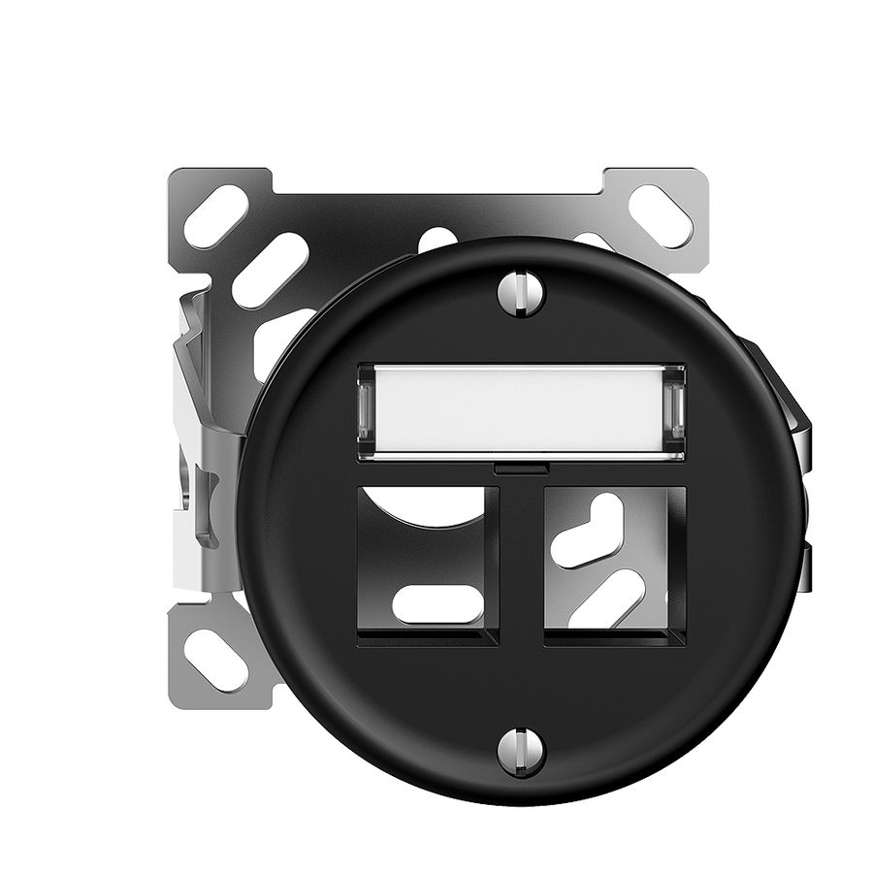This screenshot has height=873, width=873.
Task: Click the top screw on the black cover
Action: (521, 294)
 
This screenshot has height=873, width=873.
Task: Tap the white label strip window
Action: (521, 411)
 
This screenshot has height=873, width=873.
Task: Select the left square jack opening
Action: (428, 565)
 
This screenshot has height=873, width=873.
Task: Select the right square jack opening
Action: (615, 565)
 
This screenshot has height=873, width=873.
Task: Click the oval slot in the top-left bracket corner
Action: (215, 215)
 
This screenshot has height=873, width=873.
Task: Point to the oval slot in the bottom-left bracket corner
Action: (216, 659)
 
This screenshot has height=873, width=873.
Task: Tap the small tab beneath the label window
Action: (521, 469)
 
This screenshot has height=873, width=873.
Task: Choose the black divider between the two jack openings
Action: (522, 565)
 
